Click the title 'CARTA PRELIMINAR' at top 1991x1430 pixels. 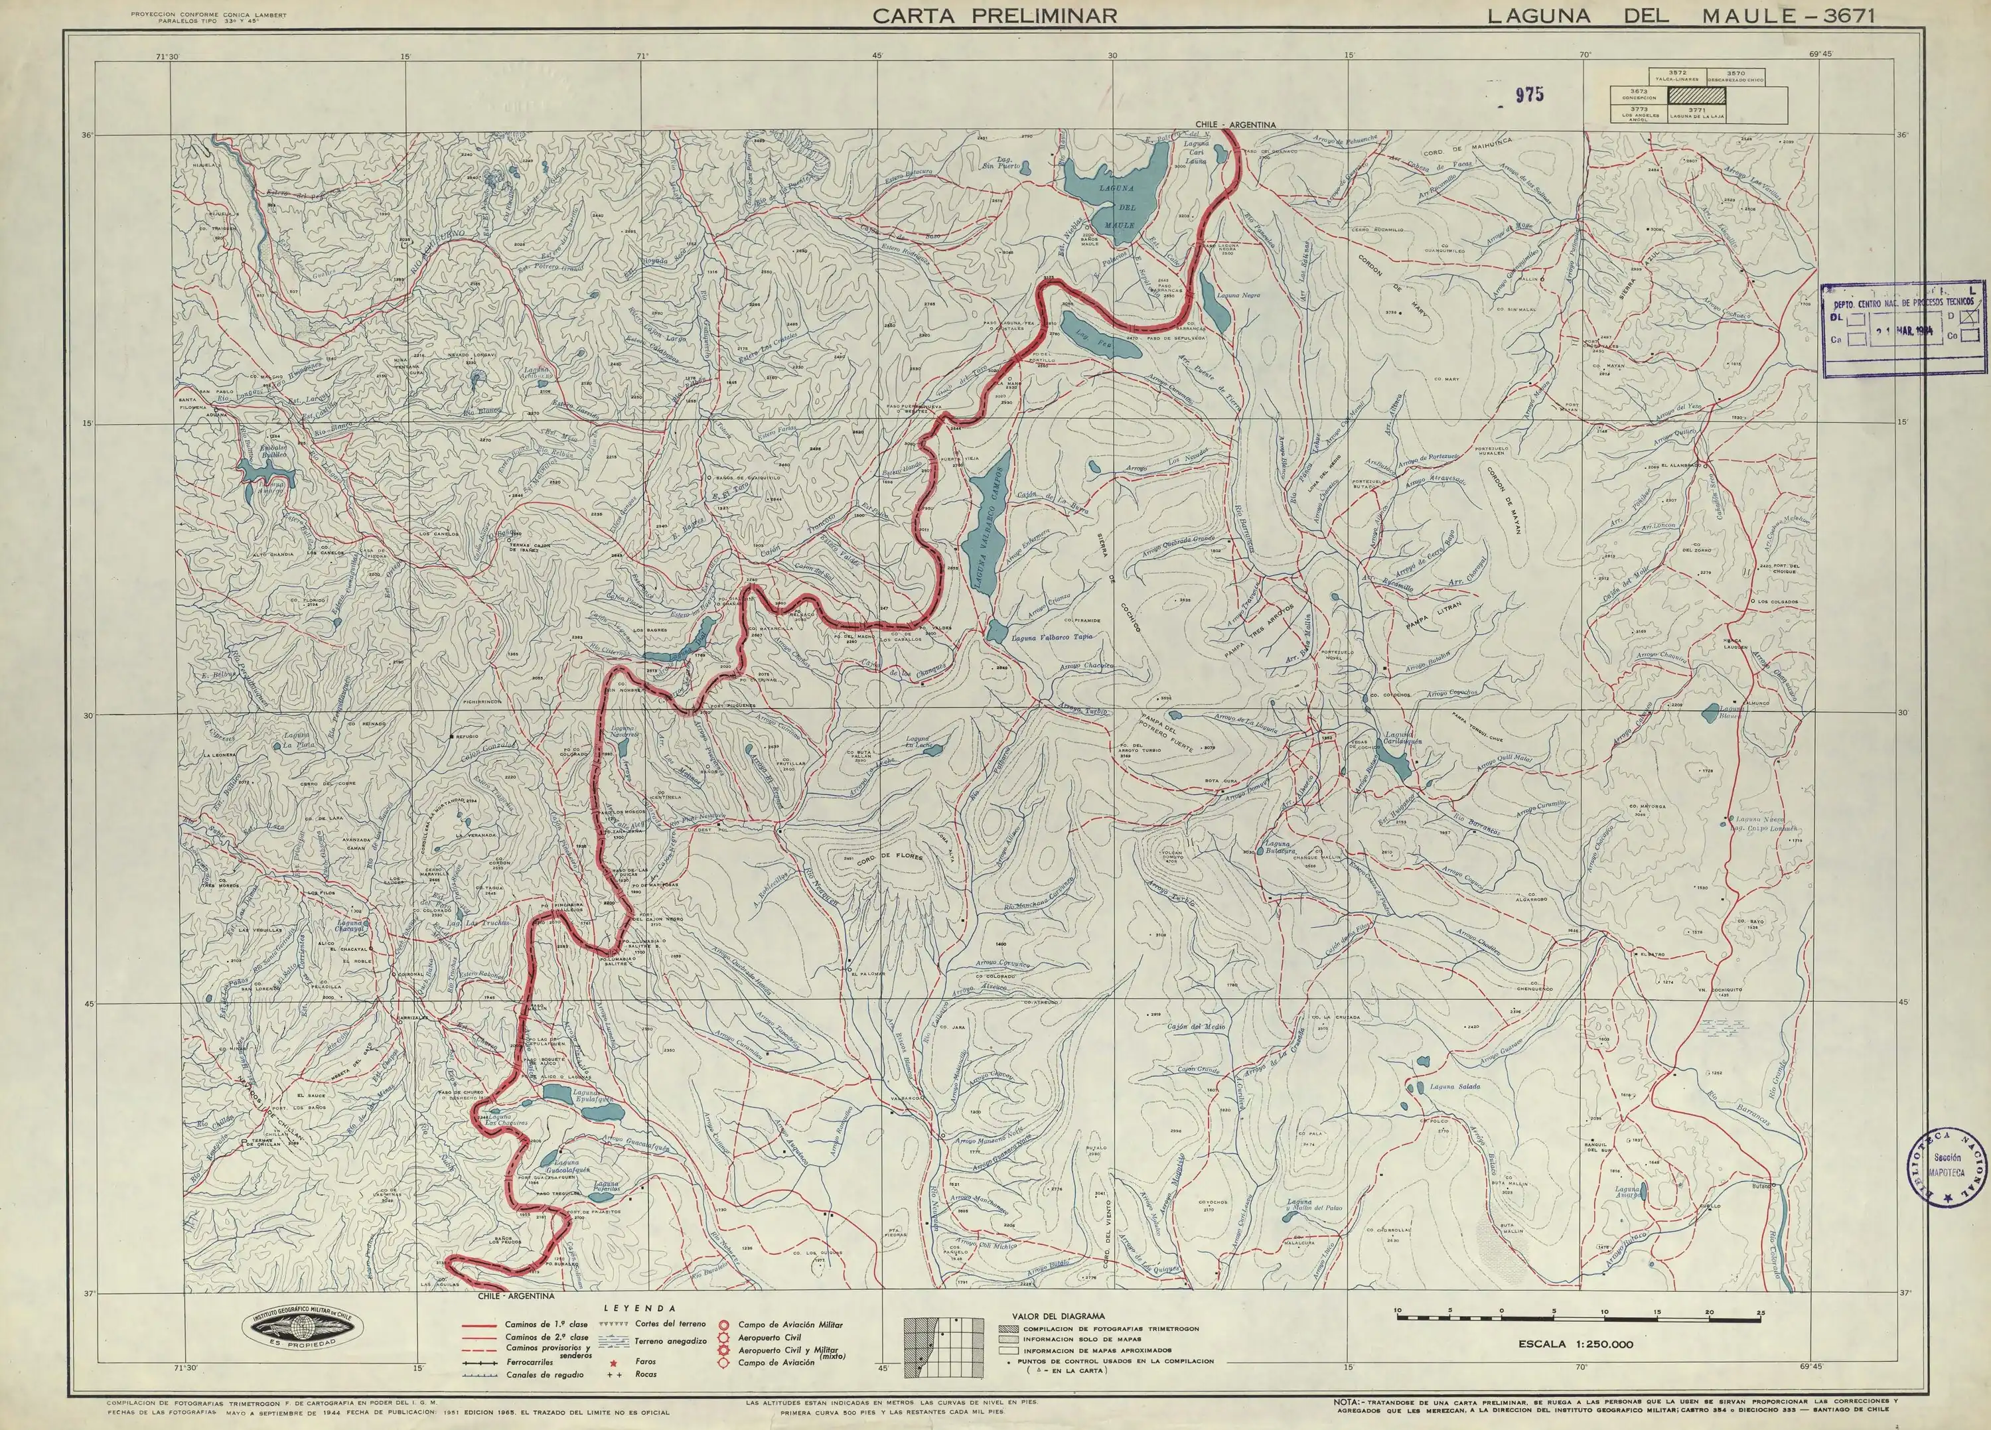click(x=995, y=16)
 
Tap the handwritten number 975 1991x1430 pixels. click(x=1528, y=96)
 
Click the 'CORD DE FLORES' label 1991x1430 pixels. click(x=887, y=855)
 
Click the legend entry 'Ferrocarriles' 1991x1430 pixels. click(x=528, y=1362)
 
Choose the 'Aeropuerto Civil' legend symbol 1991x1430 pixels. click(x=723, y=1337)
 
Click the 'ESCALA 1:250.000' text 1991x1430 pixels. click(x=1575, y=1344)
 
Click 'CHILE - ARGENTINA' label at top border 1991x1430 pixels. click(x=1235, y=125)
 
